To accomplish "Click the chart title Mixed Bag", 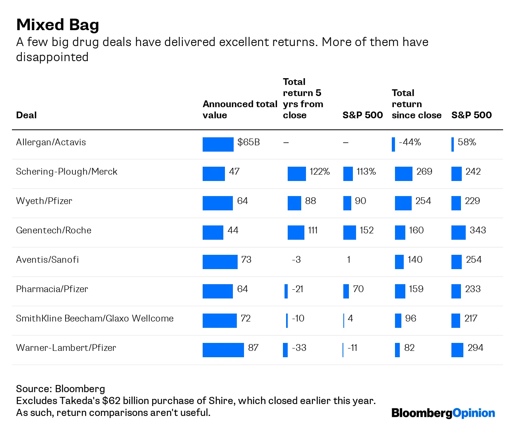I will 58,25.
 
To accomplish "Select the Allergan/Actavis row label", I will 51,142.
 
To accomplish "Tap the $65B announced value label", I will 248,142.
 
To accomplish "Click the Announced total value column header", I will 240,110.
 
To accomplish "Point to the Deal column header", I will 26,115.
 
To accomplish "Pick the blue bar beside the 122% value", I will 296,174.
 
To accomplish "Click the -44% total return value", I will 410,142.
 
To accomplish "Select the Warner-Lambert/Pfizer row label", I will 66,348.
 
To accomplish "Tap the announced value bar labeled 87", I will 223,350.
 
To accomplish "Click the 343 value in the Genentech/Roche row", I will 478,231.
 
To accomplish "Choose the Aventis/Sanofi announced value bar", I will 220,262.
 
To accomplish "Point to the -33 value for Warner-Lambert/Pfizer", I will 299,348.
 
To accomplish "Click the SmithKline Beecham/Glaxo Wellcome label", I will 95,319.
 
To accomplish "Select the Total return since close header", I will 416,104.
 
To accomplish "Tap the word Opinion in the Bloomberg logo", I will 474,413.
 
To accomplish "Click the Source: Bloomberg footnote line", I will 60,389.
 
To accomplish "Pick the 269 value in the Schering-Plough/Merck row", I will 424,172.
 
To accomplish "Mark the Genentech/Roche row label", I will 54,231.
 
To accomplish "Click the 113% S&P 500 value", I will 366,172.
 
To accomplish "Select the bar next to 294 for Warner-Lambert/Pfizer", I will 457,350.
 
